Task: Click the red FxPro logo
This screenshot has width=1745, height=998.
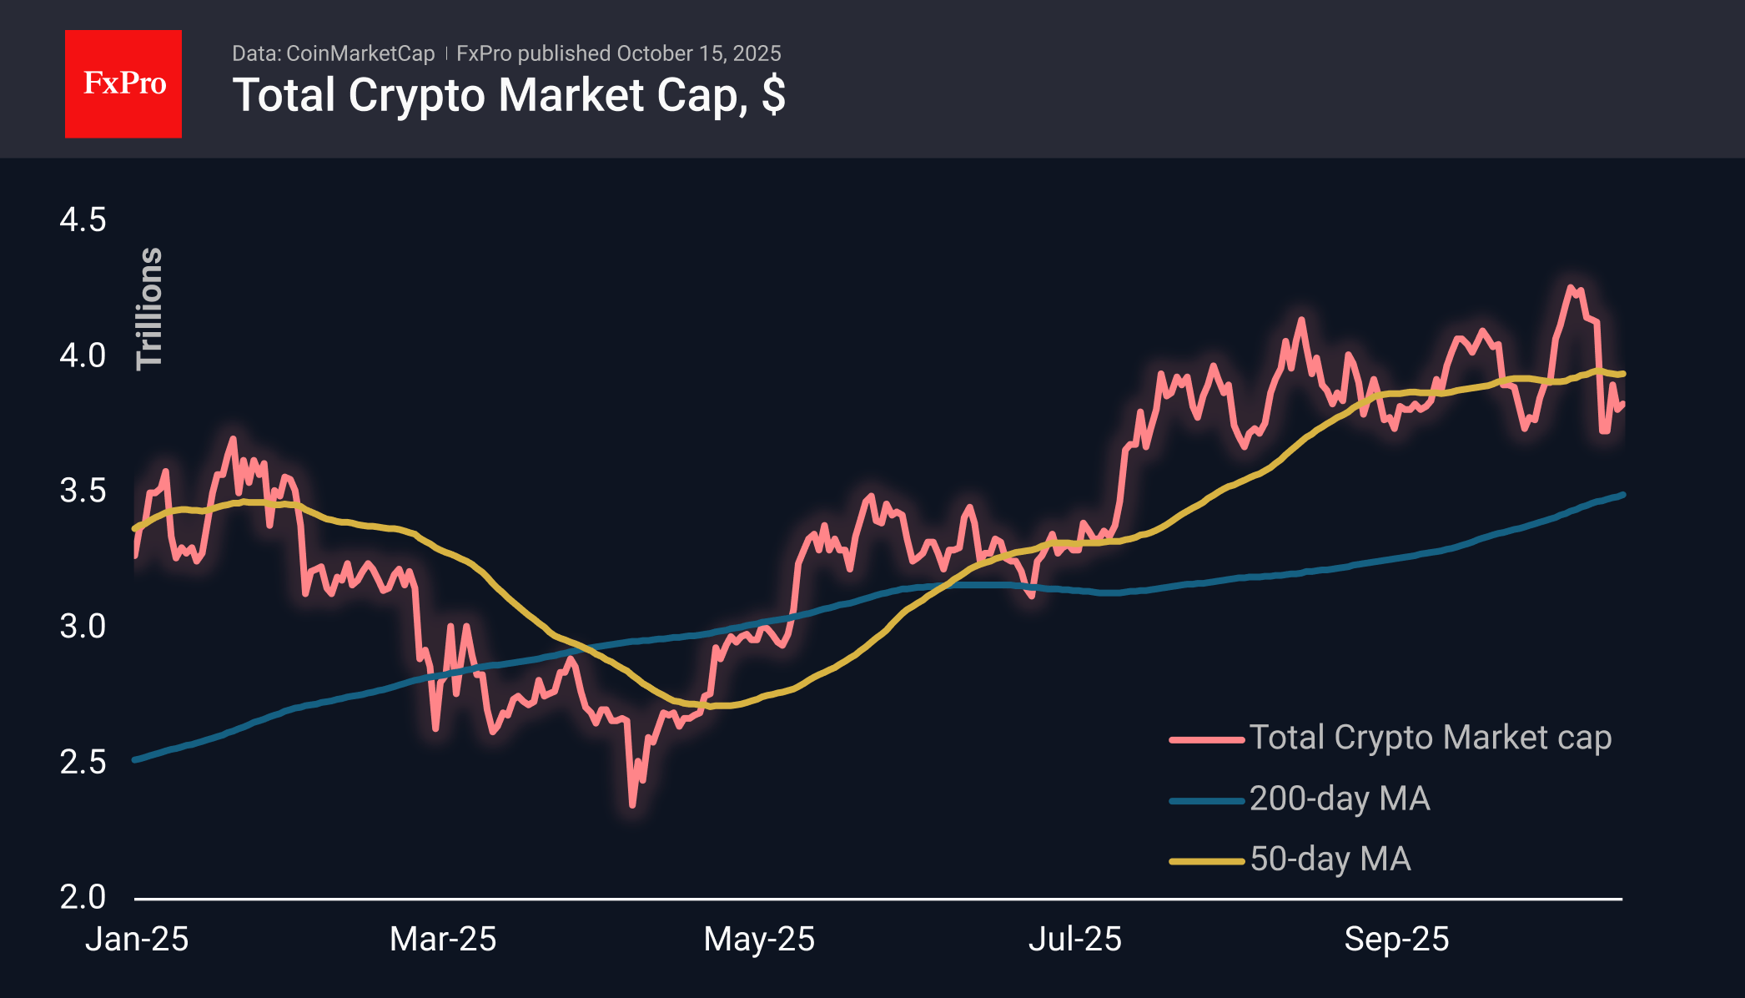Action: tap(123, 83)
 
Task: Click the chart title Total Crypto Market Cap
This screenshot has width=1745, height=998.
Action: tap(508, 95)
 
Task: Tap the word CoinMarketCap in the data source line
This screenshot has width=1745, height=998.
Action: tap(360, 53)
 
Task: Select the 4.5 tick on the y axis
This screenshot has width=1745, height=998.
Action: tap(83, 220)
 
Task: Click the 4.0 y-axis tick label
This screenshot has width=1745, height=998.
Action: tap(83, 355)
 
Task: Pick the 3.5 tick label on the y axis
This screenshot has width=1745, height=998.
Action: tap(83, 491)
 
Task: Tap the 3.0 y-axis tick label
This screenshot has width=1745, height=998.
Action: tap(83, 626)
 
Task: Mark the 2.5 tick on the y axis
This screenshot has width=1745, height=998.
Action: tap(83, 762)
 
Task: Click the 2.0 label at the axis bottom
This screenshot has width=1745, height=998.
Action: tap(83, 897)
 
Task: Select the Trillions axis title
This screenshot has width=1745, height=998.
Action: tap(150, 309)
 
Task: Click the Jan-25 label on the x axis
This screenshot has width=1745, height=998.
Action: tap(137, 940)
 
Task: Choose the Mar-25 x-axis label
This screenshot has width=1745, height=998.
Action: tap(443, 940)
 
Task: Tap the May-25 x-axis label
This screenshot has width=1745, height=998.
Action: tap(759, 940)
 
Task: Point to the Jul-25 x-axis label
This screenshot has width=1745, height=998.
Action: tap(1074, 940)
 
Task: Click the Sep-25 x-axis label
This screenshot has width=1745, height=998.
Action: tap(1396, 940)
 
